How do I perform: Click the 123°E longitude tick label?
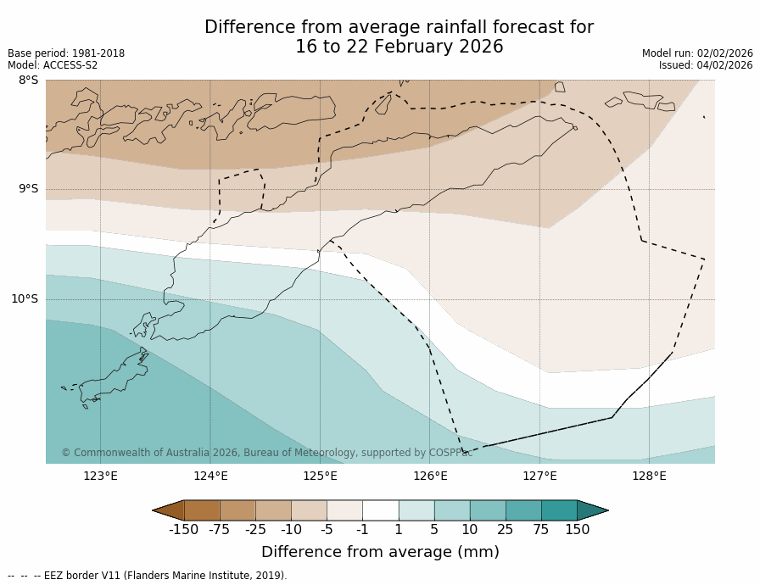(100, 476)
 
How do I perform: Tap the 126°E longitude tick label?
(430, 476)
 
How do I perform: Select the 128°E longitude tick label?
(649, 476)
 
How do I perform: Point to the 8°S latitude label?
(28, 81)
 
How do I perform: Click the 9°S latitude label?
(28, 189)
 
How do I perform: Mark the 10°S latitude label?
(25, 298)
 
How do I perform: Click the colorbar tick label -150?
(183, 530)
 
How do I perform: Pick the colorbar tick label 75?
(541, 530)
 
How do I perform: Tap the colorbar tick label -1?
(362, 530)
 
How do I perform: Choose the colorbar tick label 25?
(506, 530)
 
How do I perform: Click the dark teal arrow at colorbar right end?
(591, 510)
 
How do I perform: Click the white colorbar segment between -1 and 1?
(380, 510)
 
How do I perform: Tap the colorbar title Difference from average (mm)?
(380, 552)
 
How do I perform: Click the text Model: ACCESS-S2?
(53, 65)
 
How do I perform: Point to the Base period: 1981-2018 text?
(66, 53)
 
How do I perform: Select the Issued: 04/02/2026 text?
(706, 65)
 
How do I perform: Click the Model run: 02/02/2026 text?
(697, 53)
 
